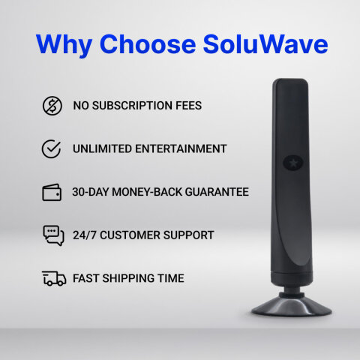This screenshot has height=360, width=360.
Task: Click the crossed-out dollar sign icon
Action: (x=52, y=106)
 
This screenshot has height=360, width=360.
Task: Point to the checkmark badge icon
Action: (x=52, y=148)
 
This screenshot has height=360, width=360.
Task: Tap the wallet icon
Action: (x=52, y=192)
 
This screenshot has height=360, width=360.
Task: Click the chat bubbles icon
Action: (x=52, y=235)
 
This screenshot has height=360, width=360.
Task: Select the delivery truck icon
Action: (x=53, y=279)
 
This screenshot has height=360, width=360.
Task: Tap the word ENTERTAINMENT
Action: (x=183, y=148)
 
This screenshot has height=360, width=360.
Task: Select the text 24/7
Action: (x=85, y=235)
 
